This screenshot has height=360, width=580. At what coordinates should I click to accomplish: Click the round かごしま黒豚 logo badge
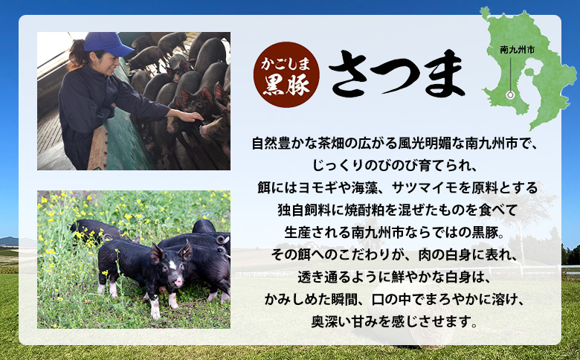(x=286, y=73)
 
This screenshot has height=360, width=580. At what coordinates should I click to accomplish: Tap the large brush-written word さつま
(x=396, y=74)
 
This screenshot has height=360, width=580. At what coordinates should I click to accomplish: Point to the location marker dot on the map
(x=510, y=94)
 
